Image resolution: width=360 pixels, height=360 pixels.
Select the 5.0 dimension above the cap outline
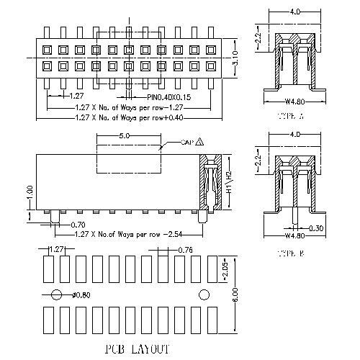coord(124,135)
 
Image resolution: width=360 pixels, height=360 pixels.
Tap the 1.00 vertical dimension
coord(30,194)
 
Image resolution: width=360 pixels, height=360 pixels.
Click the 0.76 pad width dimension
coord(185,250)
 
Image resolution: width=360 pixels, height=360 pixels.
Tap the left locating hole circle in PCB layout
coord(56,293)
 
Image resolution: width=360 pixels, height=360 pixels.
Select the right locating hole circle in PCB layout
coord(204,293)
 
